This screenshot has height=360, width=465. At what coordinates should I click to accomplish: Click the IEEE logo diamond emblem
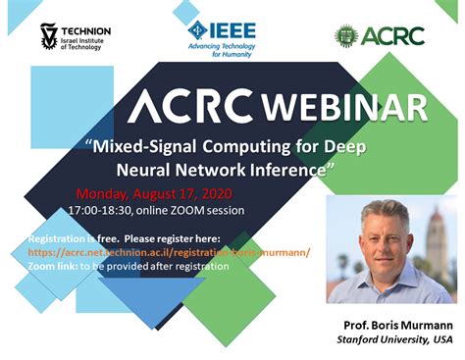point(199,29)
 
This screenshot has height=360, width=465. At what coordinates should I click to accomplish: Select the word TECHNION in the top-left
point(86,30)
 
